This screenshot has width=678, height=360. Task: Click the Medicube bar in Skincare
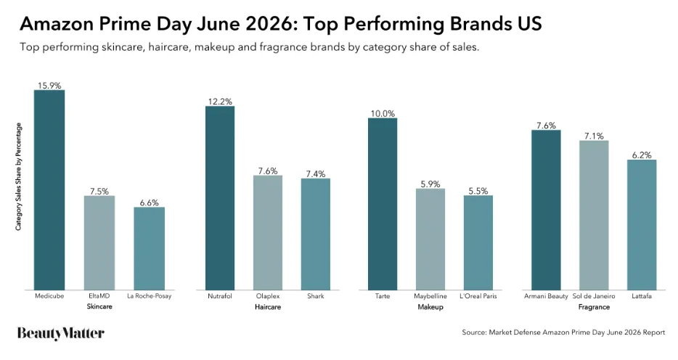pyautogui.click(x=49, y=189)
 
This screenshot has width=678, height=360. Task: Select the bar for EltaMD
pyautogui.click(x=99, y=243)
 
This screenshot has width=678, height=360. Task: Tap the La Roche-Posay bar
pyautogui.click(x=150, y=248)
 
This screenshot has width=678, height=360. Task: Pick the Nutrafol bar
pyautogui.click(x=220, y=198)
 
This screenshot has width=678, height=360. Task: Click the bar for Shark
pyautogui.click(x=316, y=234)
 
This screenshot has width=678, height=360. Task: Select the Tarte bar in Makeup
pyautogui.click(x=383, y=204)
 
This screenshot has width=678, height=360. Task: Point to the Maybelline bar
pyautogui.click(x=430, y=240)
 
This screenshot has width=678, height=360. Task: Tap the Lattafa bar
pyautogui.click(x=642, y=225)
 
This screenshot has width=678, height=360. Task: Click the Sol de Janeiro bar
pyautogui.click(x=594, y=216)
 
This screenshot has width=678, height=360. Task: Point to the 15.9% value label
pyautogui.click(x=49, y=86)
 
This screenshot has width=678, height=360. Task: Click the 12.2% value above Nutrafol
pyautogui.click(x=220, y=102)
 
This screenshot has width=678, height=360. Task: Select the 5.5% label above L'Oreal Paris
pyautogui.click(x=478, y=191)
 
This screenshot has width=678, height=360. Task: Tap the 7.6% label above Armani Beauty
pyautogui.click(x=546, y=126)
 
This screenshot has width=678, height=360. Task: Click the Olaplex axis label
pyautogui.click(x=268, y=296)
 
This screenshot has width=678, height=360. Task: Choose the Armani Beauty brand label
pyautogui.click(x=546, y=296)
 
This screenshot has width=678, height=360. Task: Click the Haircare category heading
pyautogui.click(x=268, y=307)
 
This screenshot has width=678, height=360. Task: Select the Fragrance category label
pyautogui.click(x=594, y=307)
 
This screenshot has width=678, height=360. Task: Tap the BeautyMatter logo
pyautogui.click(x=61, y=334)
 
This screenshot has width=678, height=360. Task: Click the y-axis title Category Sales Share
pyautogui.click(x=19, y=176)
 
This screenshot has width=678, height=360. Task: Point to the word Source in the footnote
pyautogui.click(x=473, y=332)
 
